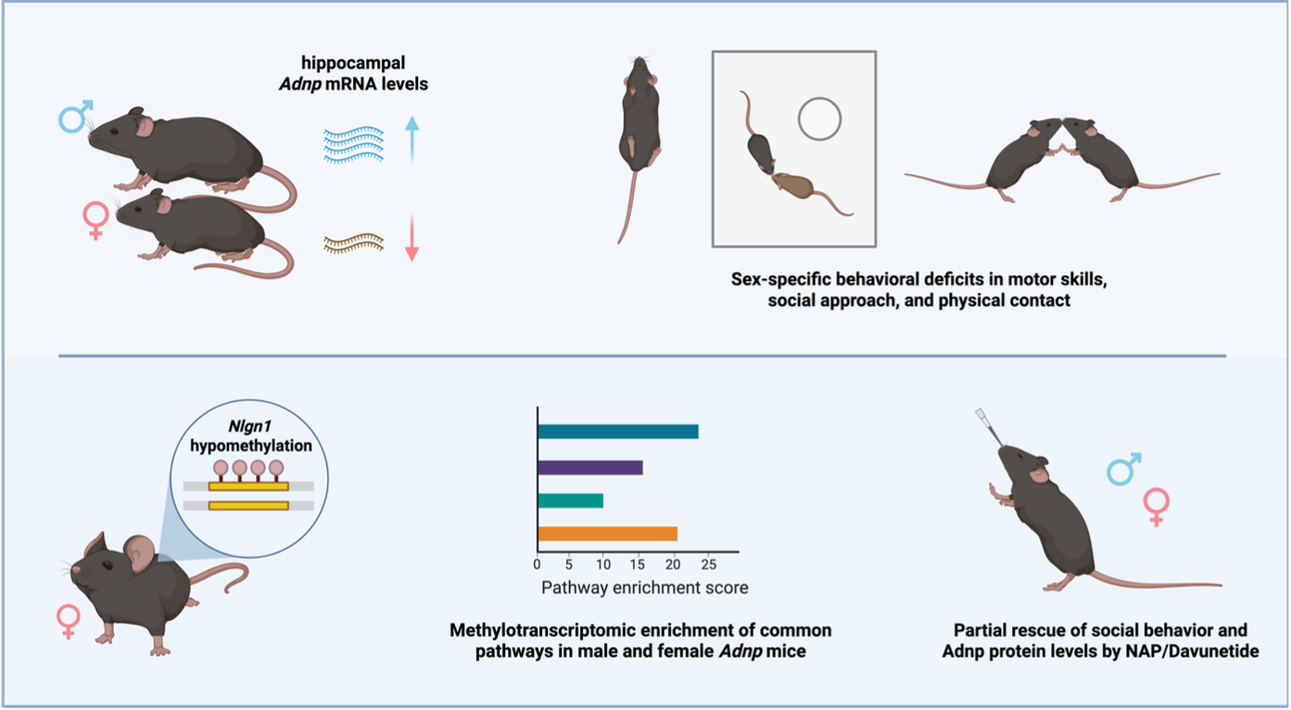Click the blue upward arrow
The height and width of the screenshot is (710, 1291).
point(411,140)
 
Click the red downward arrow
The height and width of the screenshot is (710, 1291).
point(411,237)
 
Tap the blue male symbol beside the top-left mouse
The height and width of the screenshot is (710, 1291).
point(75,116)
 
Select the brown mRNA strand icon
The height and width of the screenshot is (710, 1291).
point(353,244)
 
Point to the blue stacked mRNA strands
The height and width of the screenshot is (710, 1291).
point(353,145)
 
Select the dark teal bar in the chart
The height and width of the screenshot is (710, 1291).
point(618,432)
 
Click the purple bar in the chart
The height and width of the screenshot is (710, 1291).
point(590,467)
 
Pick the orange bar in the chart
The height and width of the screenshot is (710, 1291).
point(607,534)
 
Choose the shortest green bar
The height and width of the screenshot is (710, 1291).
point(571,501)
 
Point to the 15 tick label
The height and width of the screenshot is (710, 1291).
point(637,564)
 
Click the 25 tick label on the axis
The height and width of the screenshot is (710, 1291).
point(708,564)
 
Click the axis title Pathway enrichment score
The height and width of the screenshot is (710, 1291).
point(645,588)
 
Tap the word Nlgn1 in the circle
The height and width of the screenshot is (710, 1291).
point(249,426)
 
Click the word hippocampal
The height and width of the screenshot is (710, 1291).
point(353,63)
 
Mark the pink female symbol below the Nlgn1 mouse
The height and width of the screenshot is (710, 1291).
point(68,621)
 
